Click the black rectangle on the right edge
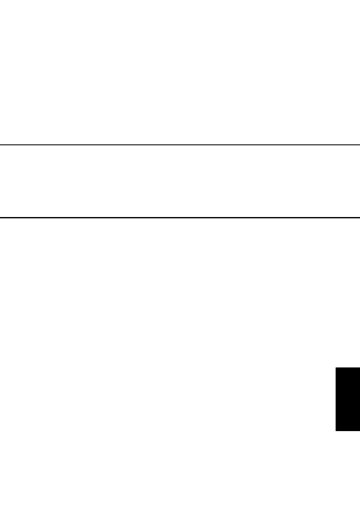348,399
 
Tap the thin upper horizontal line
180,145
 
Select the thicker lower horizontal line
180,218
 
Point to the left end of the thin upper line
1,145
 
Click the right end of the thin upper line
359,145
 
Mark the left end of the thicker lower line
1,218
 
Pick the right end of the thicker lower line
359,218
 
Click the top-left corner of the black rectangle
336,367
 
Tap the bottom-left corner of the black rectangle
336,431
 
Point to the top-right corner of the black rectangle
359,367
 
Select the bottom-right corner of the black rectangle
359,431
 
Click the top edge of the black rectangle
348,368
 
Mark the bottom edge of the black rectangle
348,431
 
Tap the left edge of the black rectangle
336,399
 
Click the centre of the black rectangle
348,399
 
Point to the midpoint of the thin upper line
180,145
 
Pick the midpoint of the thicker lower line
180,218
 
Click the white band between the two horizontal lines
180,182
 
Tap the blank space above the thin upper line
180,73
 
